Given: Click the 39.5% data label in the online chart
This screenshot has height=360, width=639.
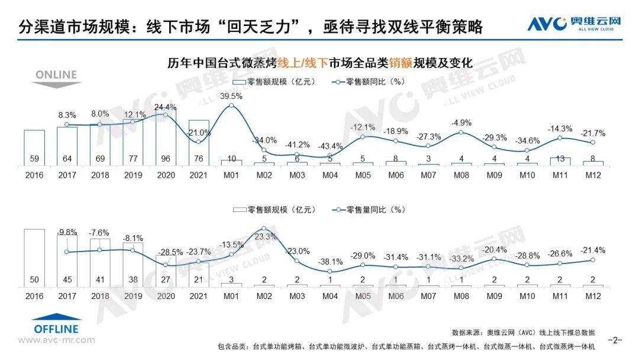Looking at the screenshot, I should click(x=231, y=96).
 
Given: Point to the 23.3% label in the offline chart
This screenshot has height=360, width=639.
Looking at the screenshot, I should click(x=264, y=236).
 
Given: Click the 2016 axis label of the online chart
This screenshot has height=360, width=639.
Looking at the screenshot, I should click(x=34, y=176).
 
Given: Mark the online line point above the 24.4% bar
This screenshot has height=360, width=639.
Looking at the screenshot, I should click(x=166, y=115).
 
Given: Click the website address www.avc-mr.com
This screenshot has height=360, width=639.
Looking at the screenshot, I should click(x=56, y=340).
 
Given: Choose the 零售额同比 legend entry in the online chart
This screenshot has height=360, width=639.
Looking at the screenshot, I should click(x=367, y=82).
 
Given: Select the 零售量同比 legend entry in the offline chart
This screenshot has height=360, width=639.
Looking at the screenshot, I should click(x=367, y=210).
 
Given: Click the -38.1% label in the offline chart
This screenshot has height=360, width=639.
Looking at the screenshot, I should click(x=331, y=261).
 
